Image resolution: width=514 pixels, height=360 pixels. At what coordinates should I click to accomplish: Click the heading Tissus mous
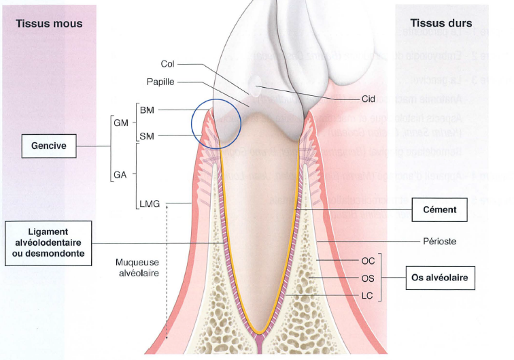[x=49, y=24]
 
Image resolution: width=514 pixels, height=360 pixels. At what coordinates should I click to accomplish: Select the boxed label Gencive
[x=48, y=144]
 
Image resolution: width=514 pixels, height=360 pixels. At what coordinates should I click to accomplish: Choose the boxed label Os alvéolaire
[x=440, y=278]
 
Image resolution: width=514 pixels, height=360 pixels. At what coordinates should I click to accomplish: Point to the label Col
[x=169, y=65]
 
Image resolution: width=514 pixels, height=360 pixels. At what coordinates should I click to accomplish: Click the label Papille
[x=160, y=82]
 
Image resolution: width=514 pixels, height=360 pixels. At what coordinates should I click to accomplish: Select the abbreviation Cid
[x=369, y=99]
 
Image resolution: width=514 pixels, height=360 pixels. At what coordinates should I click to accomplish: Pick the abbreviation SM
[x=147, y=136]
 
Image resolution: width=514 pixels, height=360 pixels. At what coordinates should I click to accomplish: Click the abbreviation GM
[x=120, y=122]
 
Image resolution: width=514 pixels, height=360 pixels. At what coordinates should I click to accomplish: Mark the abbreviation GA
[x=120, y=174]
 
